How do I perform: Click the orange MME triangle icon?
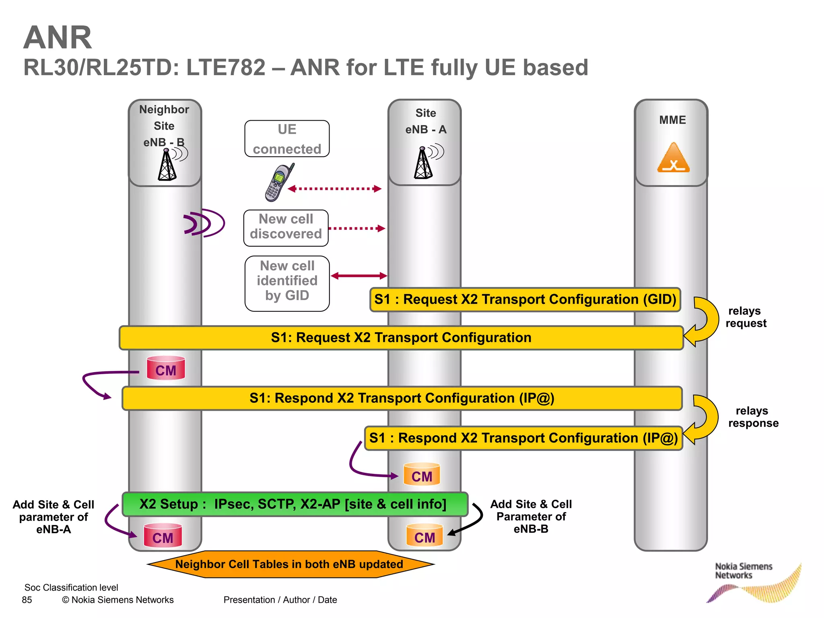click(x=673, y=158)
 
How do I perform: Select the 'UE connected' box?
click(x=287, y=139)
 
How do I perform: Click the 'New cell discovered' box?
click(x=286, y=228)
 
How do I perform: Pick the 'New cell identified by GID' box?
click(x=287, y=283)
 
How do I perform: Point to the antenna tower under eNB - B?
click(x=167, y=165)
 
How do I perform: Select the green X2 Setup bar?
click(x=295, y=504)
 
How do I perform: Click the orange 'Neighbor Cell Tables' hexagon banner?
click(x=290, y=564)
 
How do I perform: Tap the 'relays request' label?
click(x=746, y=317)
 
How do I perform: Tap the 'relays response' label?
click(x=753, y=417)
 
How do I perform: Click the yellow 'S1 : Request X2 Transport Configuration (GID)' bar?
click(x=525, y=300)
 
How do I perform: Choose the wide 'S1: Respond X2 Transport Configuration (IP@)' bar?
click(x=402, y=398)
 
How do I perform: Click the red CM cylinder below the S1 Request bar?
click(x=166, y=368)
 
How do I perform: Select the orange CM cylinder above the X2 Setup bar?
click(x=422, y=474)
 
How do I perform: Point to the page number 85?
click(x=27, y=600)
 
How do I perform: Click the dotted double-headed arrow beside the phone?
click(x=334, y=189)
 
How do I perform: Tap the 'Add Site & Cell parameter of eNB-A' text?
click(x=53, y=517)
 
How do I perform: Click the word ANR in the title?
click(x=58, y=38)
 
